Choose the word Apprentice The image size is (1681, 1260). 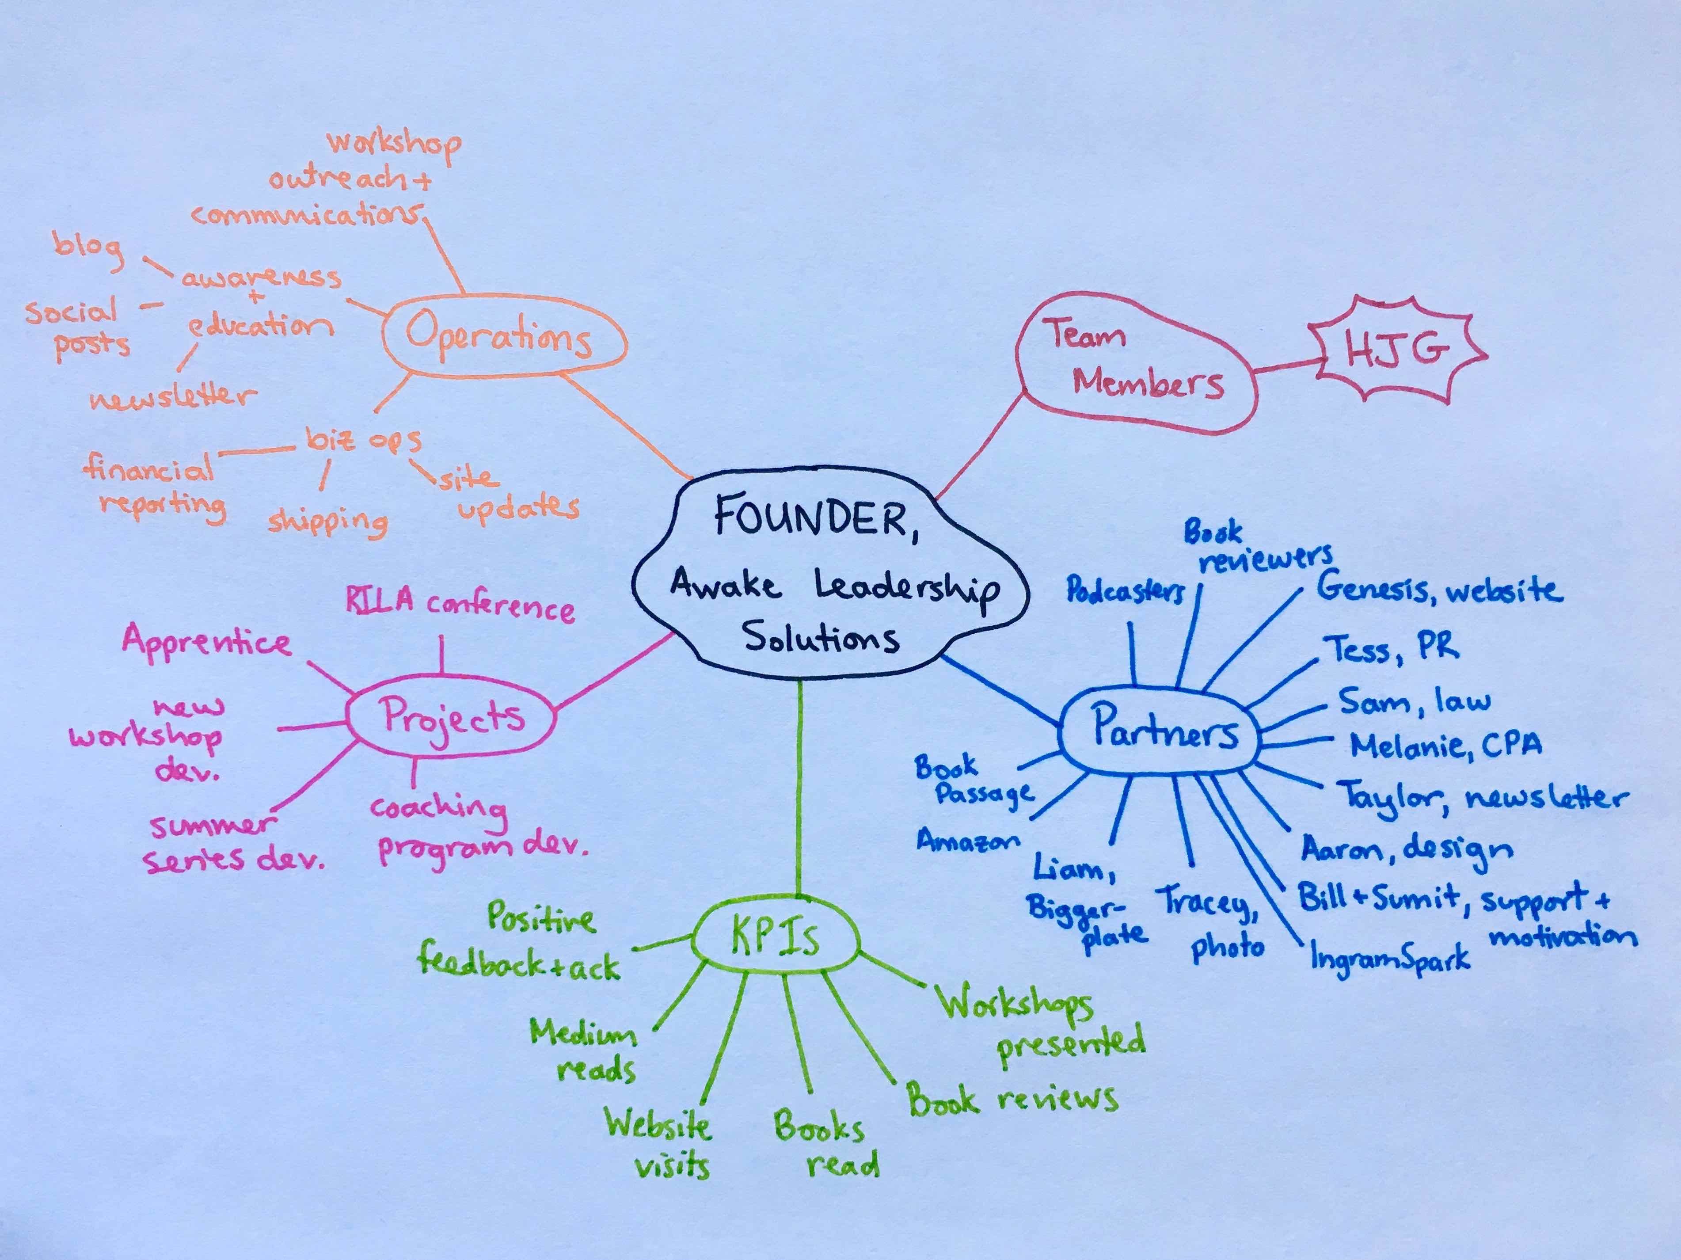click(207, 642)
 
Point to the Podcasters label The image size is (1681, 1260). click(1125, 590)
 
